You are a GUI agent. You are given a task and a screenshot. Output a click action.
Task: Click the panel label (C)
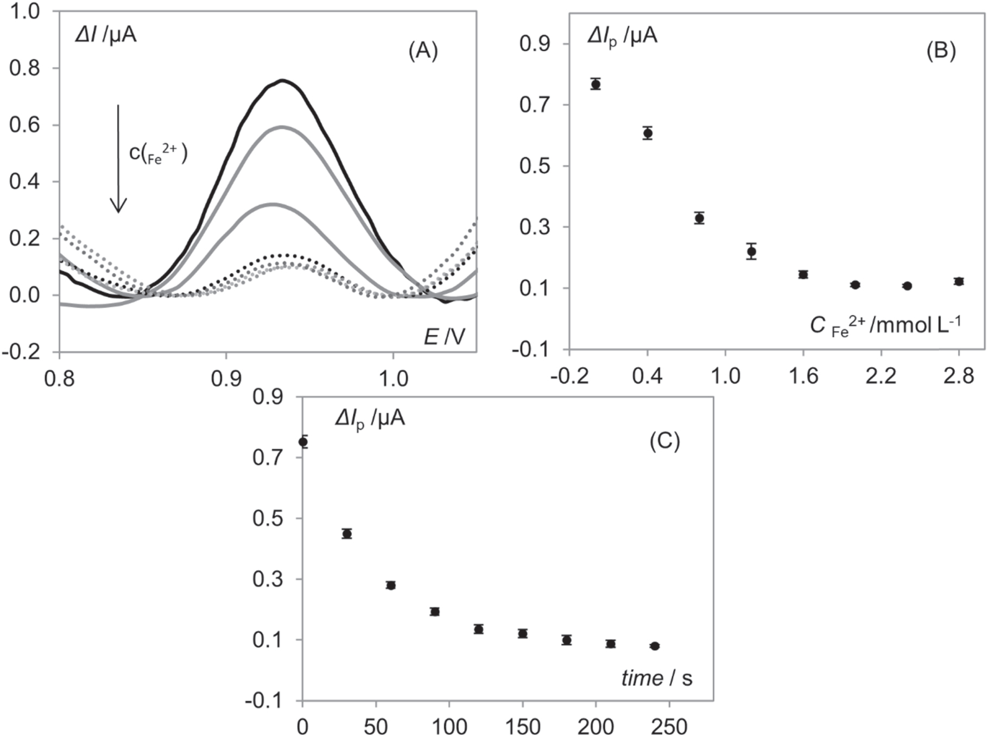coord(664,441)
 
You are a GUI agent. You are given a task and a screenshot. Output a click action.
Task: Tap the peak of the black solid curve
coord(282,80)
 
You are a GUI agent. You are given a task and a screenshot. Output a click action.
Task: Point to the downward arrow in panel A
coord(118,158)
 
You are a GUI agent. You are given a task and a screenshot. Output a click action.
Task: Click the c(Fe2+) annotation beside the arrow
coord(158,154)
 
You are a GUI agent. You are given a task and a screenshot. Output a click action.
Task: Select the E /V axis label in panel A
coord(444,337)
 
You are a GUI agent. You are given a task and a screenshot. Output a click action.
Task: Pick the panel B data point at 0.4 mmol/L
coord(648,133)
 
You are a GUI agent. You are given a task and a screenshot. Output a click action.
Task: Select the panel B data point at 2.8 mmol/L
coord(959,281)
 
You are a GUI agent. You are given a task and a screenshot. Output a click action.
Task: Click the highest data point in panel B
coord(596,84)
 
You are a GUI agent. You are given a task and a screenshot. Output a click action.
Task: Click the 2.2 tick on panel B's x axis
coord(881,376)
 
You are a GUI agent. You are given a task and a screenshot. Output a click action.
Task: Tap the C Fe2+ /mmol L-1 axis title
coord(885,326)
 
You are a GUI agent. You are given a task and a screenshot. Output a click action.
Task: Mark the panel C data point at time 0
coord(303,442)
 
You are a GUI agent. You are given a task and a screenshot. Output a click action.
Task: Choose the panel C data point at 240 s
coord(655,646)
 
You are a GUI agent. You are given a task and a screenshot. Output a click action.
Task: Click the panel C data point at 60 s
coord(391,585)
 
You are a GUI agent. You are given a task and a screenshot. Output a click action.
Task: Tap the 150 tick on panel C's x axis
coord(522,727)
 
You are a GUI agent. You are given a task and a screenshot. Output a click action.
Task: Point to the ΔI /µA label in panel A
coord(106,35)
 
